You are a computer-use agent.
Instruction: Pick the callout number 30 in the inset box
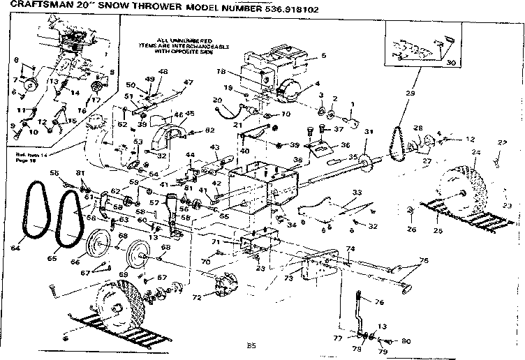(x=450, y=62)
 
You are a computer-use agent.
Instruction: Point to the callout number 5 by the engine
(x=323, y=56)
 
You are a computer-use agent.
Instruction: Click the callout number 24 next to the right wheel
(x=475, y=153)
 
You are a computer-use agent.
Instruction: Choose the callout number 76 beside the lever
(x=380, y=302)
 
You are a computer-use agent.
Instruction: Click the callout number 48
(x=163, y=72)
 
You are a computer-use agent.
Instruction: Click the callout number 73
(x=288, y=277)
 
